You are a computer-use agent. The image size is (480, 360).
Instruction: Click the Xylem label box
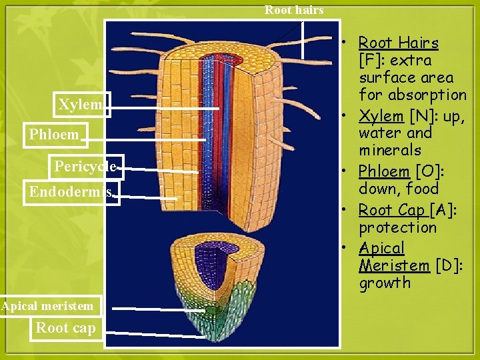[x=81, y=105]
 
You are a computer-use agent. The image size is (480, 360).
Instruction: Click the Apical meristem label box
[x=48, y=306]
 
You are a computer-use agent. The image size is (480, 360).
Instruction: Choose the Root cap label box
[x=65, y=327]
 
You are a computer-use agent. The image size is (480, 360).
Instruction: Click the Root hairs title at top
[x=294, y=9]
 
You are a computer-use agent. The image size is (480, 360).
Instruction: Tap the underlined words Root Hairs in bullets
[x=398, y=43]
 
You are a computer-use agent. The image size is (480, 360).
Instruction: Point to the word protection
[x=398, y=227]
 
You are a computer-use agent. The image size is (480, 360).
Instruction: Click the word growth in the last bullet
[x=385, y=283]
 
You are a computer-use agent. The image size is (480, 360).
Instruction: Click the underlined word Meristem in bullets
[x=394, y=265]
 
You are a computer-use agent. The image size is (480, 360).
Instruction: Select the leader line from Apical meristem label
[x=157, y=309]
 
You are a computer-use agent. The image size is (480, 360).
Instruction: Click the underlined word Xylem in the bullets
[x=381, y=115]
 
